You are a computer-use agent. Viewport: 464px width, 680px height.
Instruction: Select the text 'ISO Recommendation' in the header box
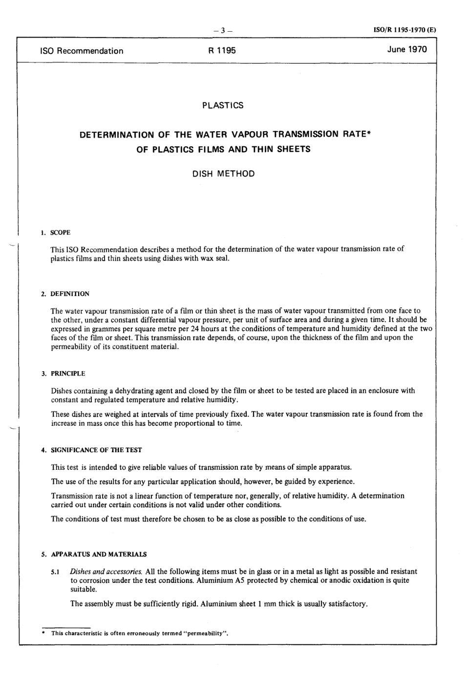click(82, 51)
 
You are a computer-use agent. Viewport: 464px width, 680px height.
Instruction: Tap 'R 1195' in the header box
click(222, 51)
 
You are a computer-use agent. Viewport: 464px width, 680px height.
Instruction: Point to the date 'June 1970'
click(407, 49)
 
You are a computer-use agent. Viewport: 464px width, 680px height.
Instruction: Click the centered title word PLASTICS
click(223, 105)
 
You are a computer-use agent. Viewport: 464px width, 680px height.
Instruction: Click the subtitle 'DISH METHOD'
click(224, 174)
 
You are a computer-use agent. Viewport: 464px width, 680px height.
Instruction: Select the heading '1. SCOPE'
click(56, 233)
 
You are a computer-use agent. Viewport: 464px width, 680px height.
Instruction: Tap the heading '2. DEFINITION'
click(65, 294)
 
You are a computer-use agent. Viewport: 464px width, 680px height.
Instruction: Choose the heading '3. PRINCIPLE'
click(63, 374)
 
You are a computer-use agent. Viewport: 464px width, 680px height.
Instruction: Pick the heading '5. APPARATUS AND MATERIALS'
click(94, 555)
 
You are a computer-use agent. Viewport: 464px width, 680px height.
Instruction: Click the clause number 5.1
click(55, 572)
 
